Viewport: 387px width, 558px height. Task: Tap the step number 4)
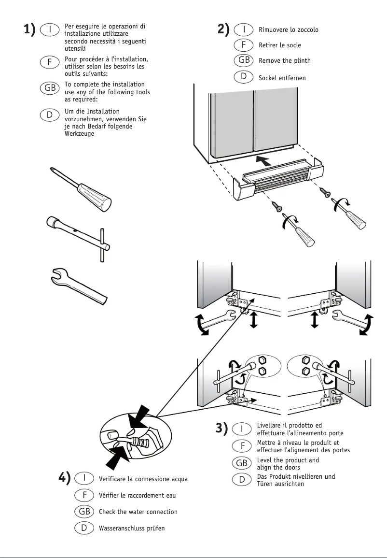pos(65,478)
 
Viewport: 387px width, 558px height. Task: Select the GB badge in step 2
pos(244,60)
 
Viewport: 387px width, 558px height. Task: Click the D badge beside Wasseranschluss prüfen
pos(84,528)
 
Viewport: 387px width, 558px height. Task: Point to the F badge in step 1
pos(49,62)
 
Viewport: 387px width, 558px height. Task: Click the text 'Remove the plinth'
pos(285,61)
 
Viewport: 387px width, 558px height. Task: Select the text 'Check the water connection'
pos(138,512)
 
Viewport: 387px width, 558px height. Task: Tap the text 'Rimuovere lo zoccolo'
pos(289,30)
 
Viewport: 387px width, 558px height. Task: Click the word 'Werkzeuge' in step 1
pos(79,134)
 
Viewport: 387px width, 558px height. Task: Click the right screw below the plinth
pos(325,193)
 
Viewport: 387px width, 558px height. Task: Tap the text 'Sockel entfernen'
pos(282,78)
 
